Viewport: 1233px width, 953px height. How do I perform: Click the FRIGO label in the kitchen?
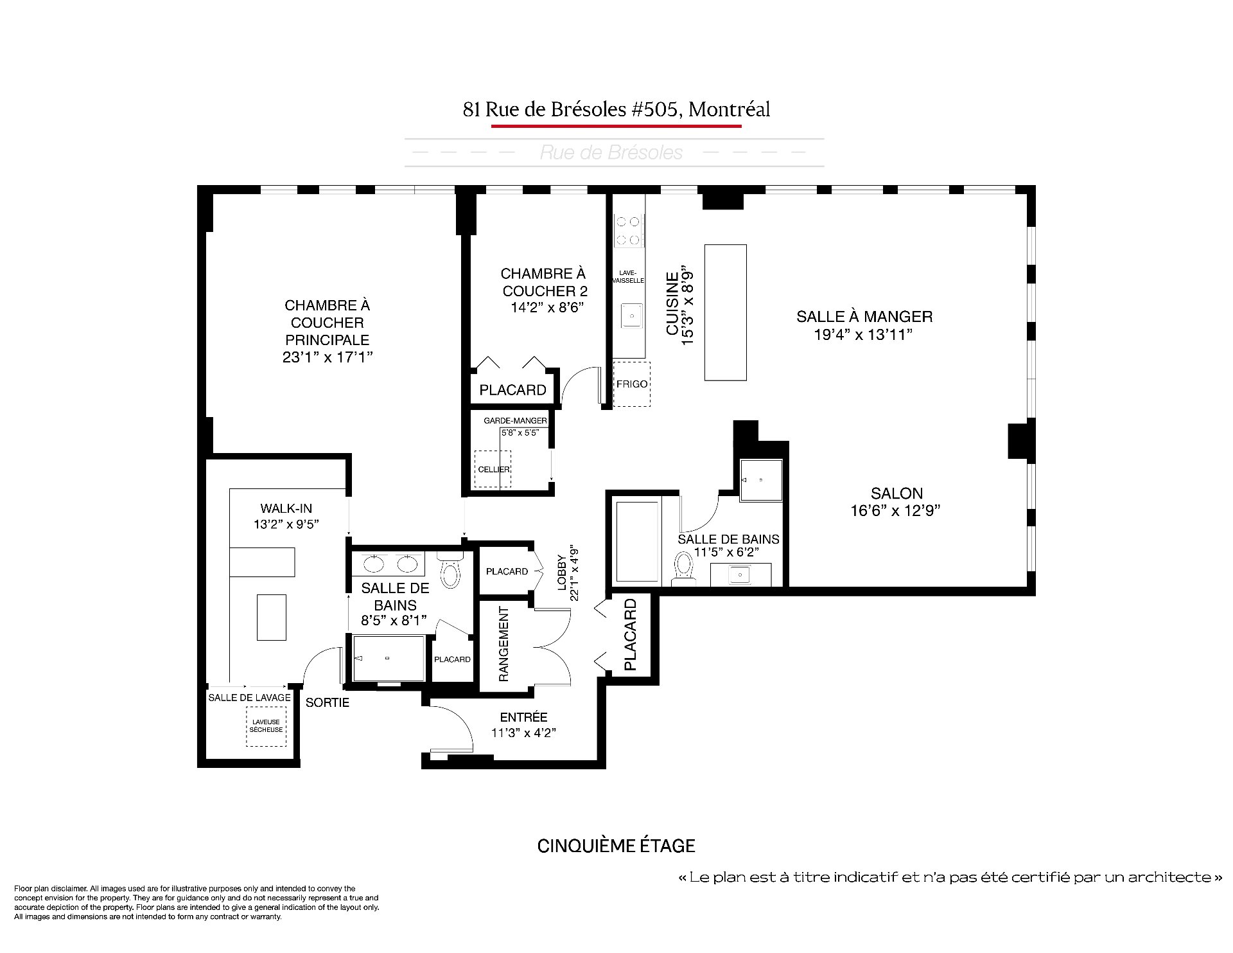click(x=632, y=384)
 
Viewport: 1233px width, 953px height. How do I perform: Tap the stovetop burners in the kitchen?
click(x=628, y=231)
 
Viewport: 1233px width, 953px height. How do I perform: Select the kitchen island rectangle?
click(x=726, y=313)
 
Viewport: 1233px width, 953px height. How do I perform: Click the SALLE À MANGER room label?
click(x=864, y=316)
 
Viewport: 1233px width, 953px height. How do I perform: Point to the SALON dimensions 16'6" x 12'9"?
click(x=896, y=511)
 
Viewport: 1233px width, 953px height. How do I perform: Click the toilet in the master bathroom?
click(x=450, y=569)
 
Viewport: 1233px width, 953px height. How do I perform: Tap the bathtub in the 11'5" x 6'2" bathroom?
click(x=638, y=542)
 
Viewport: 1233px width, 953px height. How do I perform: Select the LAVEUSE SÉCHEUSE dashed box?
click(x=267, y=726)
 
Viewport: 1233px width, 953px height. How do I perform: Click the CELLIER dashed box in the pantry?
click(x=493, y=470)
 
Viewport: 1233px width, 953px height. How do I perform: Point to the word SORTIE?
click(x=328, y=702)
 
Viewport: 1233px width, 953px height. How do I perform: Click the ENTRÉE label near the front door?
click(x=523, y=717)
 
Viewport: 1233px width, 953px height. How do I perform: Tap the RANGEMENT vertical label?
click(x=503, y=644)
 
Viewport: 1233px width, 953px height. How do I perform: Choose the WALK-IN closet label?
click(x=286, y=508)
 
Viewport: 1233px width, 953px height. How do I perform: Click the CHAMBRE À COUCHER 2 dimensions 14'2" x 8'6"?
click(x=546, y=307)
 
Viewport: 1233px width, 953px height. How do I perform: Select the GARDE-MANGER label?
click(x=516, y=420)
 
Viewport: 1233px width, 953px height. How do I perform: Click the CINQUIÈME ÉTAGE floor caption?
click(x=616, y=846)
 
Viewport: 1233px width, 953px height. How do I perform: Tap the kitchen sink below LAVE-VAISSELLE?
click(x=632, y=316)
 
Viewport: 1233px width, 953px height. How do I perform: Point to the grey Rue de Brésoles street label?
click(x=611, y=152)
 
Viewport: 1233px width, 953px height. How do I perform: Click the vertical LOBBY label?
click(x=563, y=573)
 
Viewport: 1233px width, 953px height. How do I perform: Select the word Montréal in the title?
click(x=729, y=110)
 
